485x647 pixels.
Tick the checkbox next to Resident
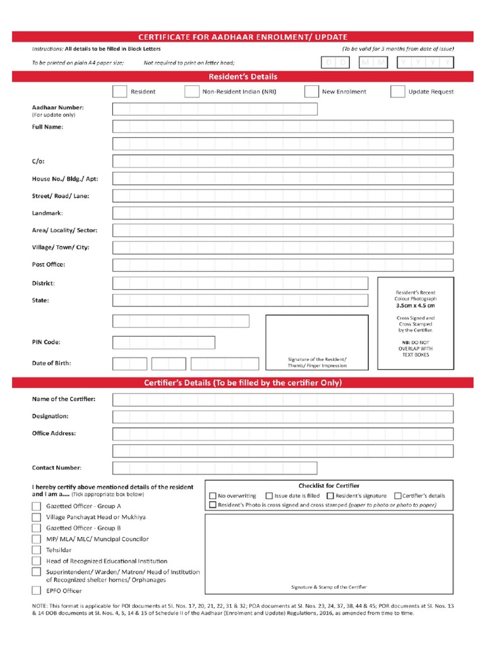point(119,92)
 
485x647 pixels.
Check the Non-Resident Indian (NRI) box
point(192,92)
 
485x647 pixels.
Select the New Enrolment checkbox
point(311,92)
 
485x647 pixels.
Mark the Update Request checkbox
point(397,92)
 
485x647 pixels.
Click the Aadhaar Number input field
point(215,109)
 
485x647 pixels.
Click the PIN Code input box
point(164,342)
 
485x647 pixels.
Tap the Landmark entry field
point(282,213)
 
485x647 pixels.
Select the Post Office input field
point(282,265)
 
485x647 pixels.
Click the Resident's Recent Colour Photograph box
point(416,323)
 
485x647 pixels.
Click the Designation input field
point(282,416)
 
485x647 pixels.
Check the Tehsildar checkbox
point(37,550)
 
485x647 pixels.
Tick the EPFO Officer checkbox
point(37,591)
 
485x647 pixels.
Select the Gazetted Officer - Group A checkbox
point(37,506)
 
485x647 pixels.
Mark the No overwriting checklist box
point(213,496)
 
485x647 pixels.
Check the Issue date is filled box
point(269,496)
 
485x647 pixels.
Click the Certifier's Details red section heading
point(242,383)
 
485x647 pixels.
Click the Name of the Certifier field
point(282,399)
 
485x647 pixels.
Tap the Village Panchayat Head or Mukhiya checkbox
point(37,517)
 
